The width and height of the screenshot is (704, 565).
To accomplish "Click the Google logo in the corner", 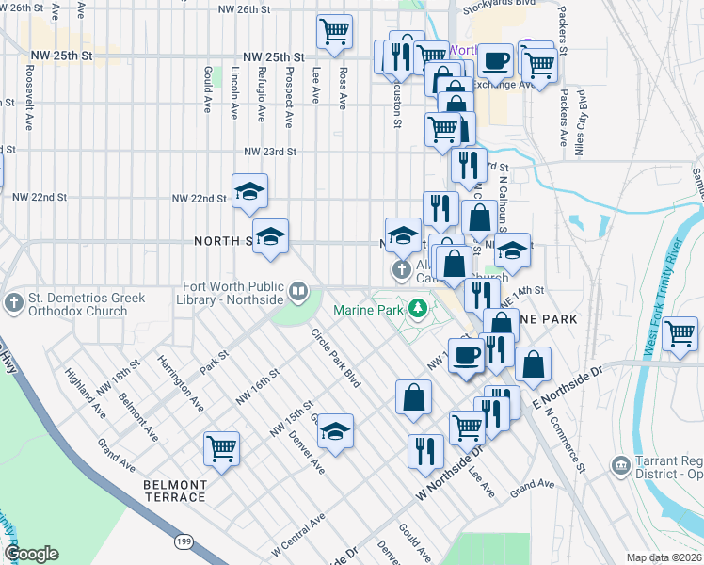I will pos(31,554).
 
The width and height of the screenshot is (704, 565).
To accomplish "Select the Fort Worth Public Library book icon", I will pos(298,291).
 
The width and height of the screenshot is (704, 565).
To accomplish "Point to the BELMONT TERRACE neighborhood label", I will pos(174,491).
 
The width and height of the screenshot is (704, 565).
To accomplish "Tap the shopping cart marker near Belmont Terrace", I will pos(222,447).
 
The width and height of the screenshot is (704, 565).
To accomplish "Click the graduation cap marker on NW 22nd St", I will pos(249,190).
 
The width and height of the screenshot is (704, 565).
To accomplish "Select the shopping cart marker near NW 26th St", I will pos(334,30).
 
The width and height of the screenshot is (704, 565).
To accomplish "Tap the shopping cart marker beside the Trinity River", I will pos(680,334).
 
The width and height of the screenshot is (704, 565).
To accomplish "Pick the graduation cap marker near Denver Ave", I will pos(335,430).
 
